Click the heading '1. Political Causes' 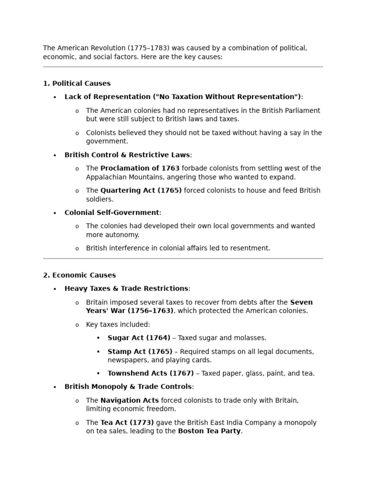(77, 83)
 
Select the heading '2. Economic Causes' (79, 275)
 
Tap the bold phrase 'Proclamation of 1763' (140, 168)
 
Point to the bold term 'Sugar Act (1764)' (139, 338)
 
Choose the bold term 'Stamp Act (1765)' (140, 352)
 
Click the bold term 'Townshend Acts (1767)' (151, 374)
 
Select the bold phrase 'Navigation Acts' (130, 401)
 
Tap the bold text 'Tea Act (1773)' (127, 423)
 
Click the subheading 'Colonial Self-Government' (112, 213)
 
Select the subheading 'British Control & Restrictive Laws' (127, 155)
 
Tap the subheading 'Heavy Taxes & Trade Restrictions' (126, 288)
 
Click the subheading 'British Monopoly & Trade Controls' (128, 387)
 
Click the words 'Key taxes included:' (118, 325)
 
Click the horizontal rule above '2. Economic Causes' (183, 259)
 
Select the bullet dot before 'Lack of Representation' (55, 97)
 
